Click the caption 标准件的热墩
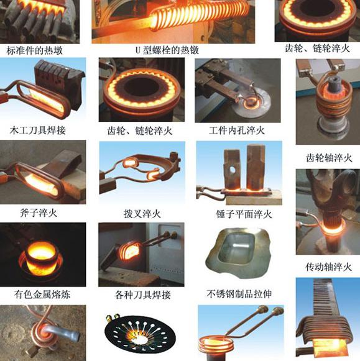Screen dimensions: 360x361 pyautogui.click(x=35, y=50)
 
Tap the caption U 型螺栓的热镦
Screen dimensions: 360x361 pyautogui.click(x=167, y=50)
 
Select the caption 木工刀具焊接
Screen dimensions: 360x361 pyautogui.click(x=38, y=130)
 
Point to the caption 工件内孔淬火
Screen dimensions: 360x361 pyautogui.click(x=237, y=130)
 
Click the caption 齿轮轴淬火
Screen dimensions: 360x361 pyautogui.click(x=329, y=158)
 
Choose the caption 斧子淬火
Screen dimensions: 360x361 pyautogui.click(x=39, y=213)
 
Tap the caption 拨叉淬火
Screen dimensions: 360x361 pyautogui.click(x=142, y=214)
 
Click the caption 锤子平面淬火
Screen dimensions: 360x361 pyautogui.click(x=244, y=214)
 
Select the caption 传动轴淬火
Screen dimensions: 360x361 pyautogui.click(x=329, y=267)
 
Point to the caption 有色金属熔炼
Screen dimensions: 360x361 pyautogui.click(x=42, y=295)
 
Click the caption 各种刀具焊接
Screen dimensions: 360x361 pyautogui.click(x=142, y=295)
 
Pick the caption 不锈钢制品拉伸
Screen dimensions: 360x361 pyautogui.click(x=239, y=294)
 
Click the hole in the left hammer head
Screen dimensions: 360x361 pyautogui.click(x=232, y=170)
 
